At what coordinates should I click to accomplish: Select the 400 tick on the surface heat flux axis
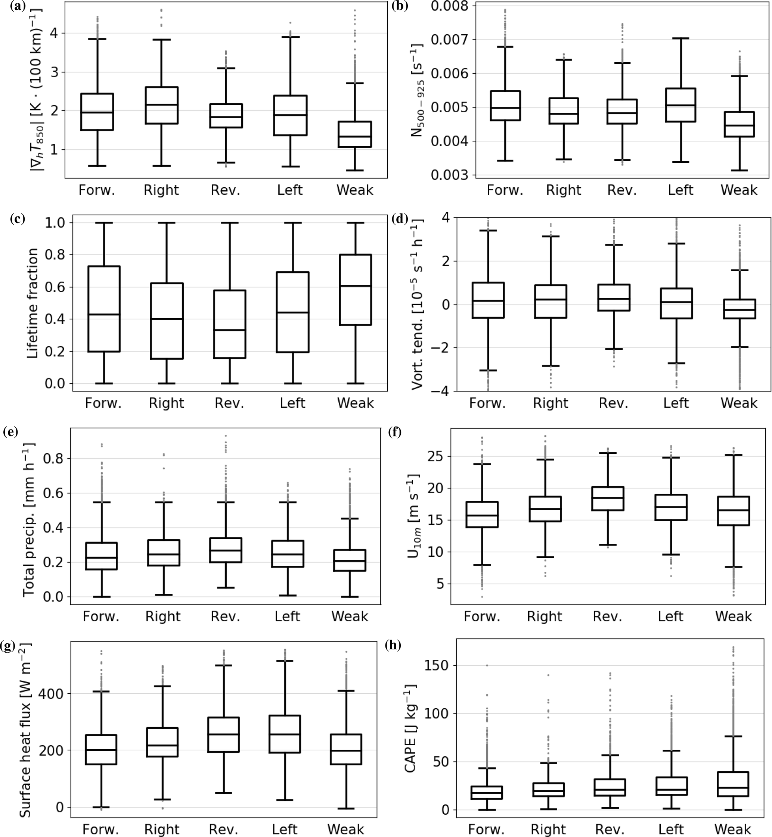49,693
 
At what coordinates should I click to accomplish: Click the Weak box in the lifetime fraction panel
356,289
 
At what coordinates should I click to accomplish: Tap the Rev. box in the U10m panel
608,499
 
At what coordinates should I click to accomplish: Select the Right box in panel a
161,105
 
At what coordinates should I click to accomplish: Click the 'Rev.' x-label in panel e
226,616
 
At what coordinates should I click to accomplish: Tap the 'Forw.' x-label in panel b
505,190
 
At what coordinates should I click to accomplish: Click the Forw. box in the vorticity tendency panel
487,300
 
